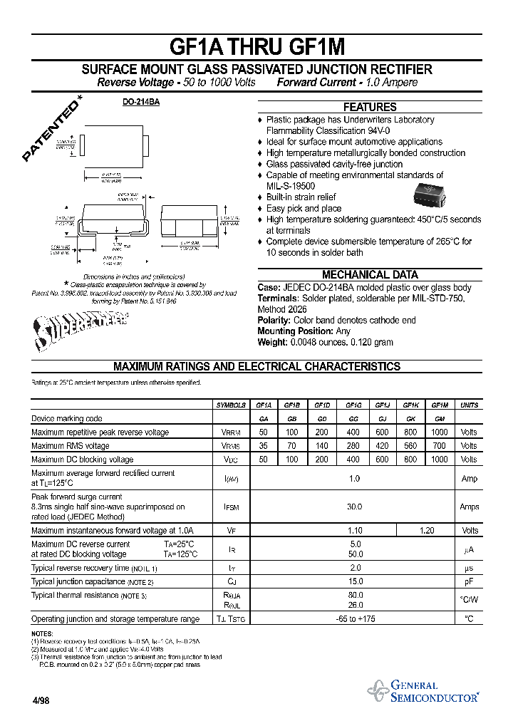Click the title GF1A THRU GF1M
pos(256,46)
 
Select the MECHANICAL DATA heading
pos(370,274)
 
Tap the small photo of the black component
pos(432,193)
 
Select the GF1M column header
pos(440,405)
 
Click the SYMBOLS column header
pos(231,405)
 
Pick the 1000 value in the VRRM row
pos(440,432)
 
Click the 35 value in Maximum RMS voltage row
pos(263,446)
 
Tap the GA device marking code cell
pos(263,419)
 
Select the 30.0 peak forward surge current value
pos(354,507)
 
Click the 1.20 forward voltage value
pos(426,531)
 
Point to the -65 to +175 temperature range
pos(354,619)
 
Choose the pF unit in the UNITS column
pos(469,582)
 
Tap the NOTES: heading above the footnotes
pos(43,634)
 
